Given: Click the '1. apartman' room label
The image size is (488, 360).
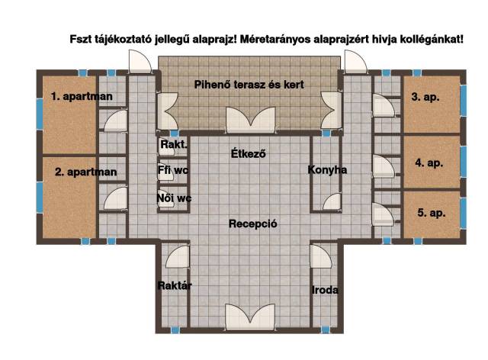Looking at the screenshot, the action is tap(82, 97).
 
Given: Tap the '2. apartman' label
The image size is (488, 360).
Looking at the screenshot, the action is tap(86, 172).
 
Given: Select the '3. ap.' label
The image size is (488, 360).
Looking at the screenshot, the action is tap(425, 97).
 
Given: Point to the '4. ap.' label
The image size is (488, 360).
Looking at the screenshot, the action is tap(429, 163).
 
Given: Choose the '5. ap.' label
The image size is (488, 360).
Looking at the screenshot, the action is tap(432, 213).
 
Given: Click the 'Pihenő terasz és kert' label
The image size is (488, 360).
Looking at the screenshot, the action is tap(249, 85).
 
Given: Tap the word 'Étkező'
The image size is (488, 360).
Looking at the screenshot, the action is tap(249, 153).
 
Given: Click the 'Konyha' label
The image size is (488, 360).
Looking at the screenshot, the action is tap(327, 170).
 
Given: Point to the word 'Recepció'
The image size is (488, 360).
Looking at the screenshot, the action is tap(252, 224).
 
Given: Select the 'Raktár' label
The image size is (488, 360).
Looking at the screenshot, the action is tap(175, 285).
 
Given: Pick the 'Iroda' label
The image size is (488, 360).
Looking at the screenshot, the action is tap(325, 291).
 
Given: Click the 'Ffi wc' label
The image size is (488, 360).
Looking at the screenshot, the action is tap(173, 170).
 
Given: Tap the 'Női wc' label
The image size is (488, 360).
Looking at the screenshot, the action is tap(174, 198).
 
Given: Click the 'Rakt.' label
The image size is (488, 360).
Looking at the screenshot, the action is tap(174, 144).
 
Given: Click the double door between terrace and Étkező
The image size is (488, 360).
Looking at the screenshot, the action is tap(251, 120).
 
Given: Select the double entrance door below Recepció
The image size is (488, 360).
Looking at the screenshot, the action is tap(250, 317).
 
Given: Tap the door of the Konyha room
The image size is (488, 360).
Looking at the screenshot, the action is tap(332, 201).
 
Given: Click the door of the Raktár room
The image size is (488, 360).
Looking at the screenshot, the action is tap(177, 257).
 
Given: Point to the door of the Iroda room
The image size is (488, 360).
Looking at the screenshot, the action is tap(321, 256).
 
